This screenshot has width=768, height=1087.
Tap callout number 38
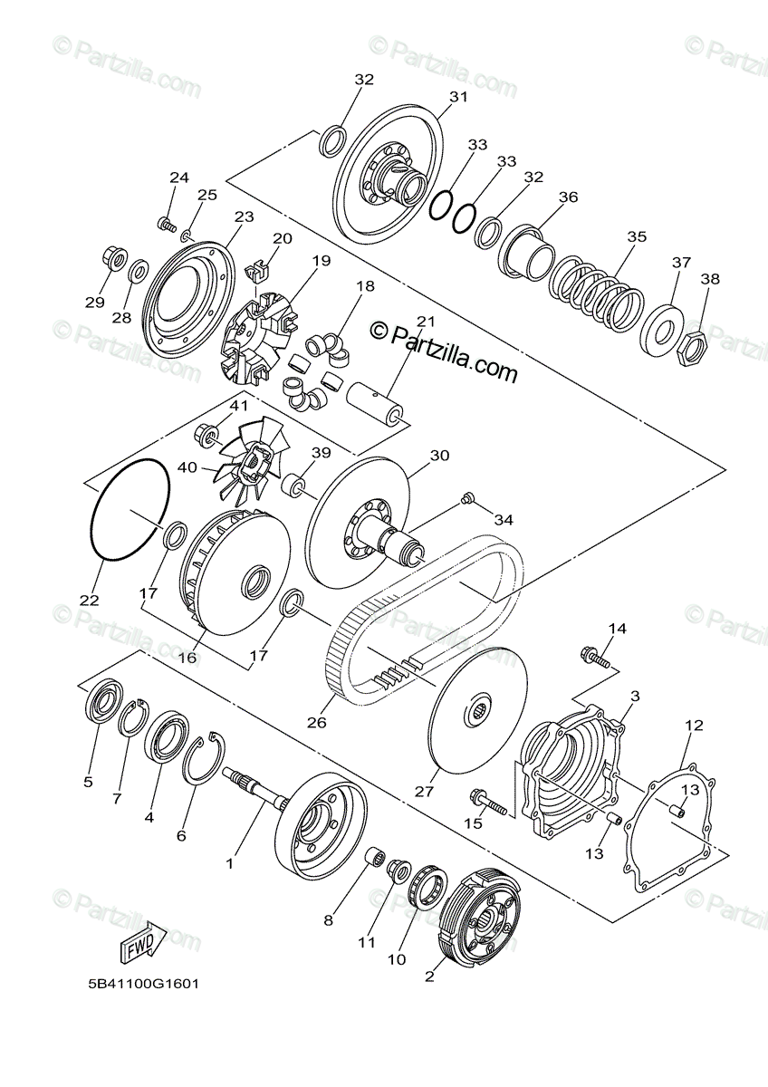click(x=710, y=279)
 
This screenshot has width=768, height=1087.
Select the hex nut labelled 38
click(x=694, y=346)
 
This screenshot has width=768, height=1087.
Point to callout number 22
click(x=90, y=601)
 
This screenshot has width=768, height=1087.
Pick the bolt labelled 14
click(x=595, y=659)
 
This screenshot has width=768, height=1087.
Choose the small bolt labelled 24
click(x=167, y=225)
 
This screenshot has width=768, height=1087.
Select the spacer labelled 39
click(x=295, y=485)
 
